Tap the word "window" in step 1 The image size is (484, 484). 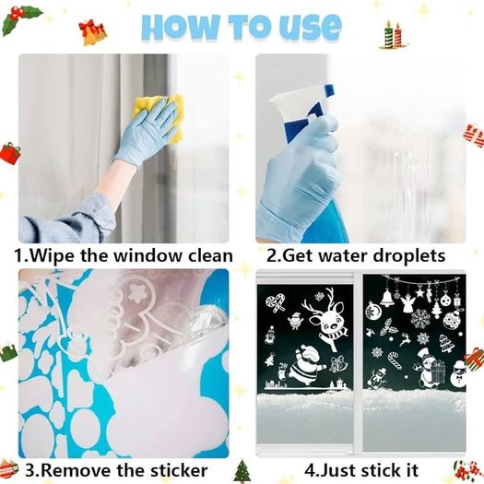point(148,256)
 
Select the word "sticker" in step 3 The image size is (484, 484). point(179,470)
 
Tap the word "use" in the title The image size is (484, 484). point(312,28)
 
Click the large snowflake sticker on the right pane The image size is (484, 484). point(420,319)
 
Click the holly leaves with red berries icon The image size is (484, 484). point(20,19)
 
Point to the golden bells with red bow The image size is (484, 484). point(92,32)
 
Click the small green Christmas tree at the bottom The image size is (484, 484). point(242,471)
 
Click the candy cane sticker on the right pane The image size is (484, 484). point(395,360)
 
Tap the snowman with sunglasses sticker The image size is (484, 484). point(459,374)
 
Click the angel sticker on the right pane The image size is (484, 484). point(407,303)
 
